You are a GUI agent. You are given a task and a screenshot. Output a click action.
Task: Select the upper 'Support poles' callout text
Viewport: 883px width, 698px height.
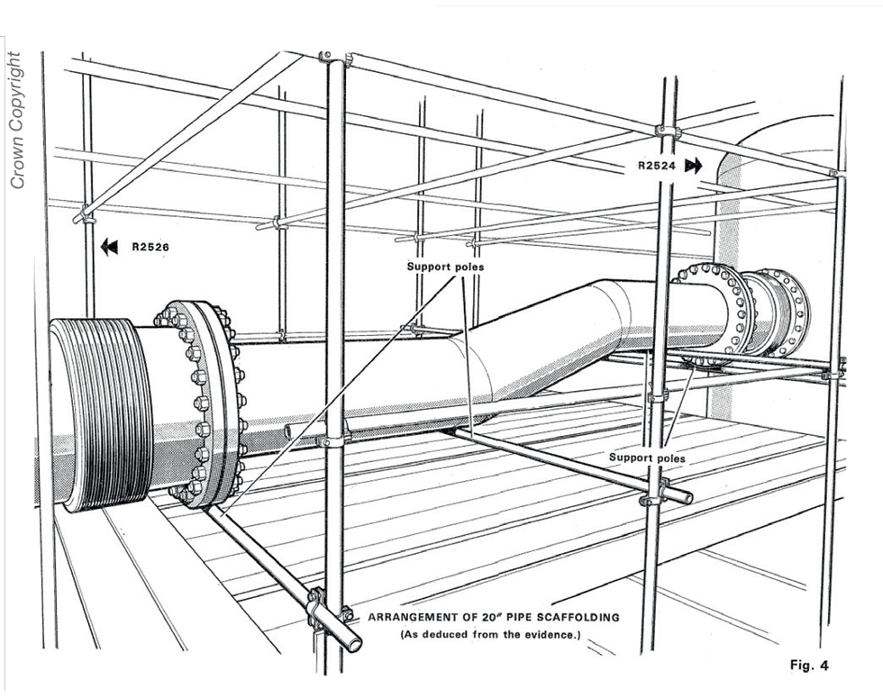(445, 267)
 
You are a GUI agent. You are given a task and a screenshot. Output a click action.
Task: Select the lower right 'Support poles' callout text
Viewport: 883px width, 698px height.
(647, 458)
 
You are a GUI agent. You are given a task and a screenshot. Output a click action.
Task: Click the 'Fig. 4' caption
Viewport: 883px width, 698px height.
(808, 666)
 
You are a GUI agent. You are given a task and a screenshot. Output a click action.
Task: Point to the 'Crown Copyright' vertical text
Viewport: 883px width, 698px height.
(16, 122)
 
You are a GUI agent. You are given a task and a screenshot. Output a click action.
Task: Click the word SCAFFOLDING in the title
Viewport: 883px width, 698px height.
(569, 618)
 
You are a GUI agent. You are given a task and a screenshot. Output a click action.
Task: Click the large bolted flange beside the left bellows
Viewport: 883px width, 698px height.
(205, 402)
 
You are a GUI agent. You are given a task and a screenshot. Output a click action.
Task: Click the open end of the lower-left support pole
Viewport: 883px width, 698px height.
(354, 643)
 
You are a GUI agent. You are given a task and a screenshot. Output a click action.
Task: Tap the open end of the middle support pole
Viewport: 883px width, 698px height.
(687, 497)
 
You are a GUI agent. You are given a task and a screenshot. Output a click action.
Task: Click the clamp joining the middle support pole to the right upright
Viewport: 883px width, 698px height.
(656, 493)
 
